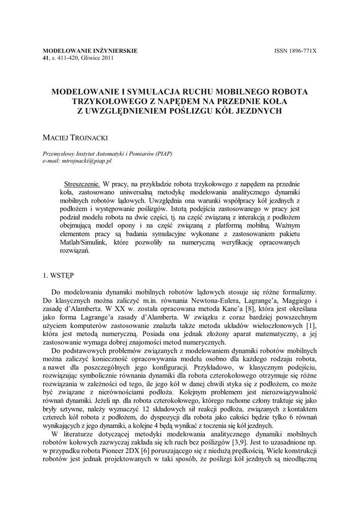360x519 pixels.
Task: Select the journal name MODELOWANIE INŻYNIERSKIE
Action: click(90, 51)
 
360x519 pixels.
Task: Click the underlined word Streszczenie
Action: click(80, 184)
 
